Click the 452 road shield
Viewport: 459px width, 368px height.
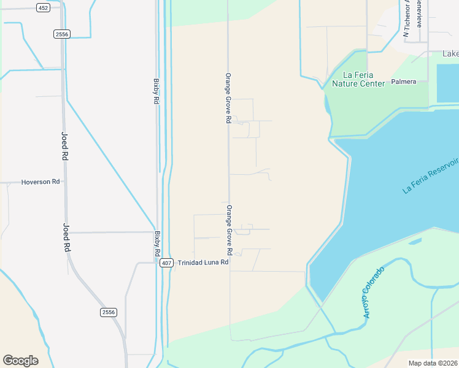click(43, 7)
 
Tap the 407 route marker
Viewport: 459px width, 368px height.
click(166, 263)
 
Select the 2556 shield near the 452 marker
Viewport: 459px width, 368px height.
click(61, 34)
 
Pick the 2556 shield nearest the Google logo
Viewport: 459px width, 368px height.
click(108, 312)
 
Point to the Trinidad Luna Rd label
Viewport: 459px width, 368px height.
click(203, 263)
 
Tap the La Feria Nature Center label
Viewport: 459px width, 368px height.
click(358, 79)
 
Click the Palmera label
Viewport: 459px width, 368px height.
click(404, 82)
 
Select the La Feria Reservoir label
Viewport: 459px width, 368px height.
click(431, 175)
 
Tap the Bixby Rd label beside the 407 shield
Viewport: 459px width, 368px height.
click(158, 244)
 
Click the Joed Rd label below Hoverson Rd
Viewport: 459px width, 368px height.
click(66, 237)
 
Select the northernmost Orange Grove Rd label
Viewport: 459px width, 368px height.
click(228, 99)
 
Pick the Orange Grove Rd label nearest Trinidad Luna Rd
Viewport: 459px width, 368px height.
click(229, 230)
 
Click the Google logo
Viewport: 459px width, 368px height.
click(20, 361)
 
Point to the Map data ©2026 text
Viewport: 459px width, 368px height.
click(433, 363)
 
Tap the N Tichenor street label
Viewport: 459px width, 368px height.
click(406, 18)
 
